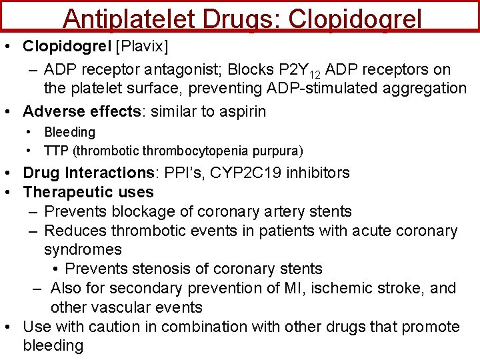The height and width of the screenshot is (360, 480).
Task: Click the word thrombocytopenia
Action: [204, 151]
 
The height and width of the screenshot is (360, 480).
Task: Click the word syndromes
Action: [83, 249]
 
